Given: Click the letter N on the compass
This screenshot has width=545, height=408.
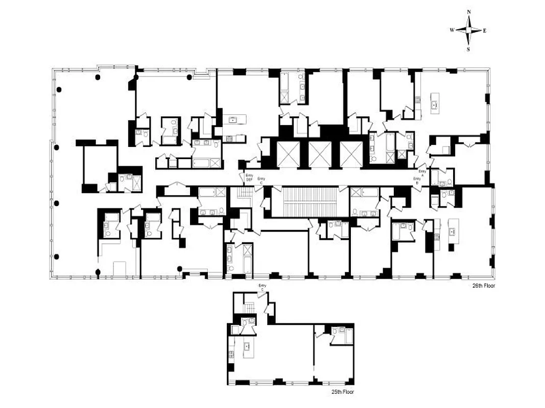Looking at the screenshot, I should (x=469, y=12).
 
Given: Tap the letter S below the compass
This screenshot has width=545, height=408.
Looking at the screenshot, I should (x=469, y=49).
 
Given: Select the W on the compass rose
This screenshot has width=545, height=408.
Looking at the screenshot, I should (x=452, y=31).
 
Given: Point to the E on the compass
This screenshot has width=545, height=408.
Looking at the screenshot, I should (x=485, y=31).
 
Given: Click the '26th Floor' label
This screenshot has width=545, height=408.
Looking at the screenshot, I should (x=484, y=286).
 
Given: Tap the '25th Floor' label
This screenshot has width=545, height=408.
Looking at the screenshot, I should (x=341, y=392).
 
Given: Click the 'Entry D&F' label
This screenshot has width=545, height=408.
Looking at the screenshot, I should (x=249, y=177).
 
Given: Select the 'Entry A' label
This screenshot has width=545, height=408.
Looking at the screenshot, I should (x=422, y=172).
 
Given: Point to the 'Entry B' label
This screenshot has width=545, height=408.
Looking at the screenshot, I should (x=417, y=180).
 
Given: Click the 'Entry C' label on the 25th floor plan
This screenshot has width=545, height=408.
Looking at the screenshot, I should (x=263, y=287).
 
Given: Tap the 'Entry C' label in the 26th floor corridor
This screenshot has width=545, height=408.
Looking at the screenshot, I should (x=262, y=180).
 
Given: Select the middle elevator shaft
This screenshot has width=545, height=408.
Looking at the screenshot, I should (x=320, y=154).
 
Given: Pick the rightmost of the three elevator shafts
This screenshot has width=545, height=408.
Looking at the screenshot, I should (x=351, y=154).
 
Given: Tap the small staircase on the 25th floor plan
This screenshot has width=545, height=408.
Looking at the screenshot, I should (x=249, y=309).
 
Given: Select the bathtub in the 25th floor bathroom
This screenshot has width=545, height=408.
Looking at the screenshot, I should (x=349, y=336).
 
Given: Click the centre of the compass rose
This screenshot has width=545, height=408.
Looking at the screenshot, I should (x=469, y=30).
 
